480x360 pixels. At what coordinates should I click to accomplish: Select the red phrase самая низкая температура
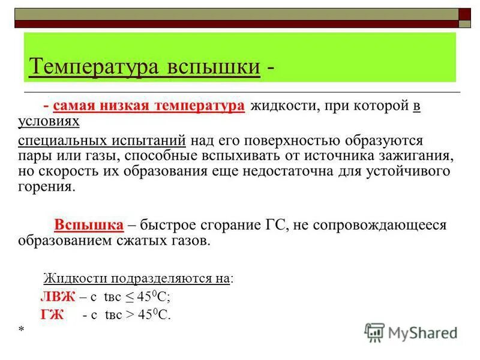pos(149,106)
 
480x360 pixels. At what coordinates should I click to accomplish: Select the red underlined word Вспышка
pos(89,225)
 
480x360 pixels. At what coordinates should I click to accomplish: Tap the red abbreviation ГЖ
pos(52,314)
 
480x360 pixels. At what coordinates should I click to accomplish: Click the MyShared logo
pos(411,332)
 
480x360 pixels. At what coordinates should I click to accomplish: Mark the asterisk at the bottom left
pos(22,329)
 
